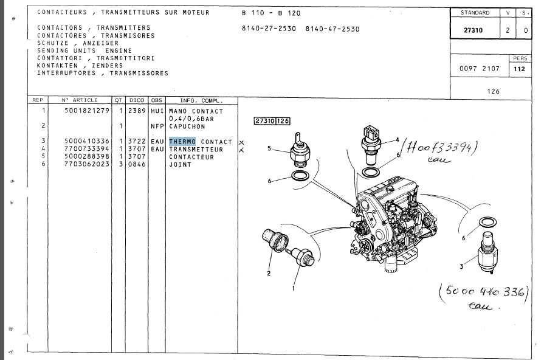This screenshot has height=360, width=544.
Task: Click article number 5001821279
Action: (x=87, y=111)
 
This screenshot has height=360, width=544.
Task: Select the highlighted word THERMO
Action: (x=182, y=142)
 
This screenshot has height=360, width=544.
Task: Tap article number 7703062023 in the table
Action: (x=87, y=164)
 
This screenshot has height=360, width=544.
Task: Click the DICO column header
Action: (x=137, y=100)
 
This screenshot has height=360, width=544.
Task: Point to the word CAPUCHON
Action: (x=187, y=126)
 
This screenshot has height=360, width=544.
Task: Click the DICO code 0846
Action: (x=137, y=164)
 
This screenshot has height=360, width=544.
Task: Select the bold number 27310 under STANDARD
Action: (x=473, y=30)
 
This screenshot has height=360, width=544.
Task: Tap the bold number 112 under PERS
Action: (x=519, y=69)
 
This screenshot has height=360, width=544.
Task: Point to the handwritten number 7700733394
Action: (x=439, y=148)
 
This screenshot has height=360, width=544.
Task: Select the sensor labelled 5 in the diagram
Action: (x=300, y=150)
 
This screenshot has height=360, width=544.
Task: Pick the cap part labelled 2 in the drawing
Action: (x=276, y=240)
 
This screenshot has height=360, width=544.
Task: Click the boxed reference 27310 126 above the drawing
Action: (x=272, y=121)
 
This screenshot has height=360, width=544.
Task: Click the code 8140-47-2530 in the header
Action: (x=332, y=29)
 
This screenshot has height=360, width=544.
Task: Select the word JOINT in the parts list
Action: (x=180, y=165)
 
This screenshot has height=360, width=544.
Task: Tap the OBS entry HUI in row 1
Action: (x=157, y=111)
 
